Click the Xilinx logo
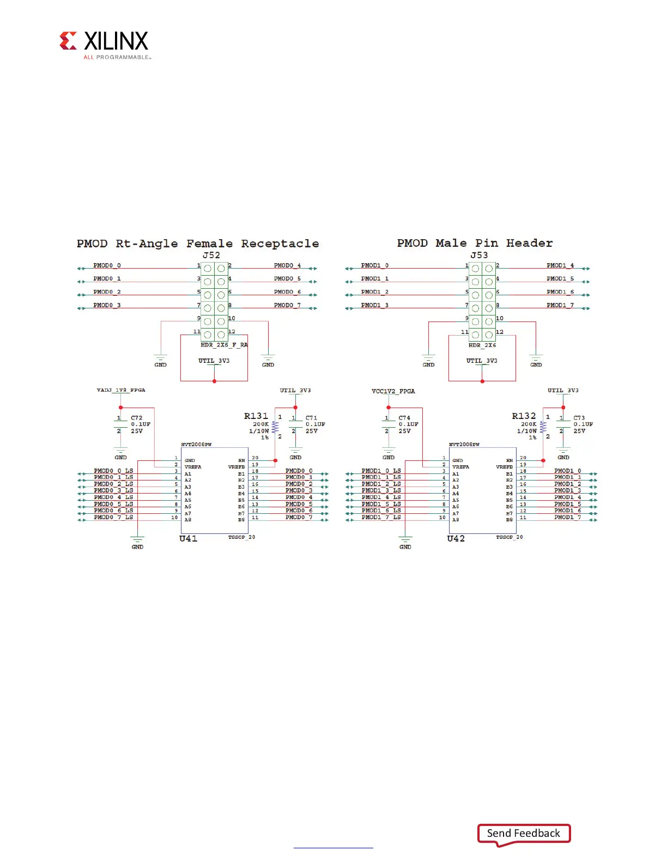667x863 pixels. (104, 44)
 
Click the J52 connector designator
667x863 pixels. (211, 255)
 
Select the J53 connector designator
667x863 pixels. (479, 255)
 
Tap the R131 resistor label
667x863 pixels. (256, 416)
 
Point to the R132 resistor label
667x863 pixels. (524, 416)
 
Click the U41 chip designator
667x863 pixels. (189, 538)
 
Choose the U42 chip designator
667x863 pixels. (456, 538)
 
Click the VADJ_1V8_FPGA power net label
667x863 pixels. (121, 390)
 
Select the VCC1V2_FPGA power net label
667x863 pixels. (393, 391)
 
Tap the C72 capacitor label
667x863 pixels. (136, 418)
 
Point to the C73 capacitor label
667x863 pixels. (579, 418)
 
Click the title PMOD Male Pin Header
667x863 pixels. (475, 243)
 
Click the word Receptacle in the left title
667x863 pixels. (280, 244)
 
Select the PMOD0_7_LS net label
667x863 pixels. (113, 517)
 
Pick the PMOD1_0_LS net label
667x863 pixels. (381, 471)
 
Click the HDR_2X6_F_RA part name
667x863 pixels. (224, 345)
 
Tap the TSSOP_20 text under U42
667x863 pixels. (509, 537)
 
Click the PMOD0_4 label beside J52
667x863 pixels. (287, 265)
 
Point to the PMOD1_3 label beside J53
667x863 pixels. (374, 305)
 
